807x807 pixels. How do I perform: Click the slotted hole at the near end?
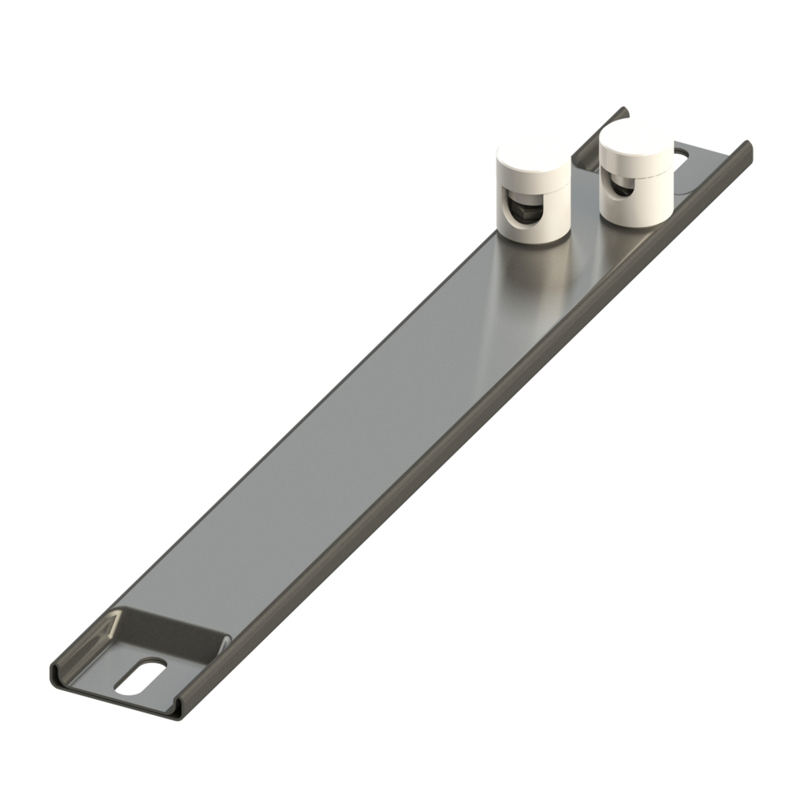coord(141,676)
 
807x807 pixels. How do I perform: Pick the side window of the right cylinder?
coord(619,187)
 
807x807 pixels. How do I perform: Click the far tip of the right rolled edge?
coord(746,147)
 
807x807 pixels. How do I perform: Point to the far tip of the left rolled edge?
coord(623,110)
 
